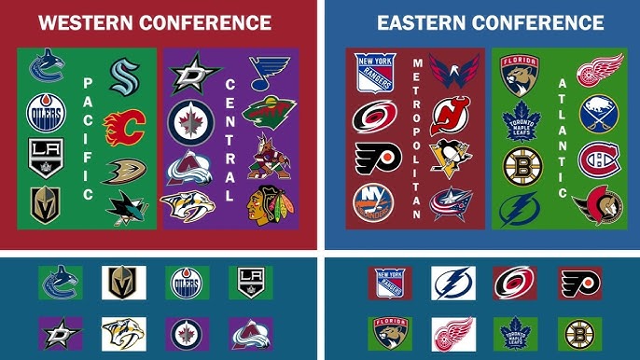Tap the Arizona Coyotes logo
[269, 159]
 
